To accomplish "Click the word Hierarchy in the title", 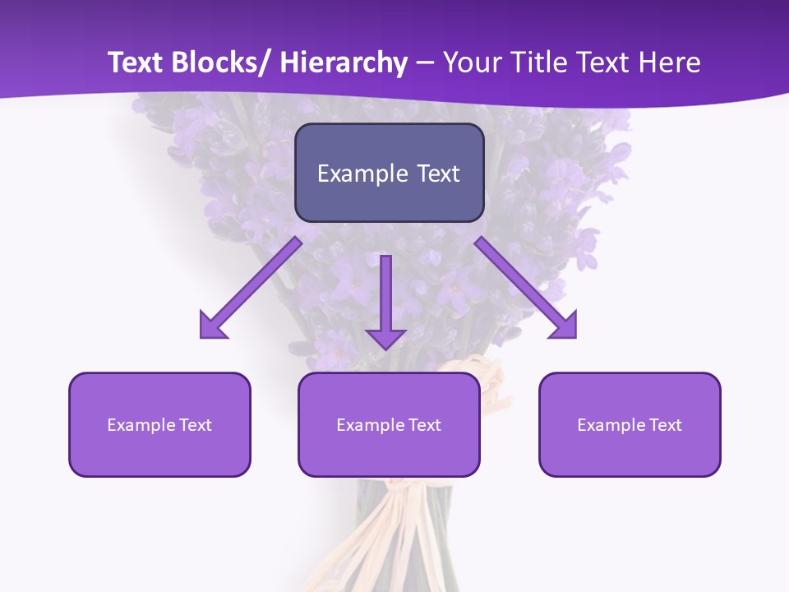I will point(344,62).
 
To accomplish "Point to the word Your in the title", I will point(469,62).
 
